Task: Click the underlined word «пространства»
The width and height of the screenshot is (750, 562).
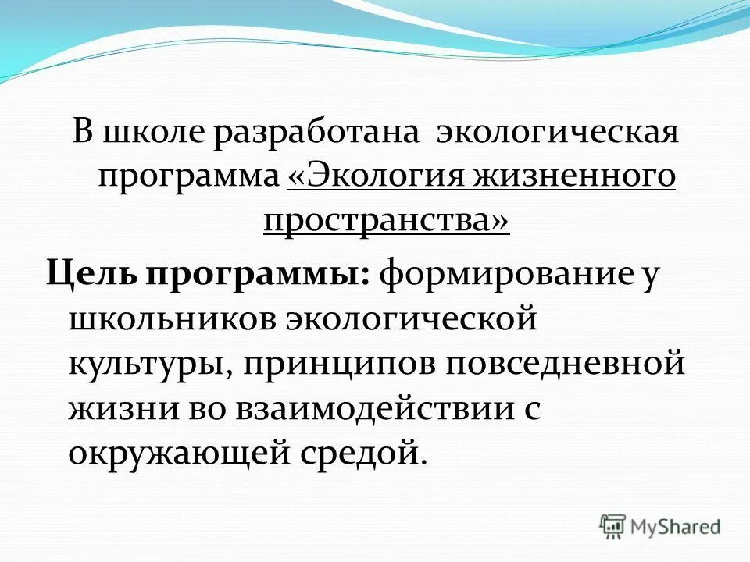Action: click(x=387, y=221)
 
